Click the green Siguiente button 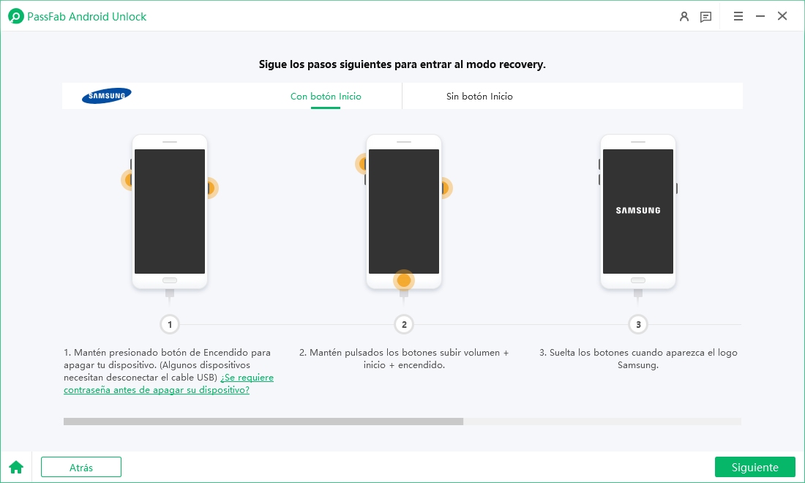755,467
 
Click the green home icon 16,467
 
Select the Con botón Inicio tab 326,96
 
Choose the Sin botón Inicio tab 479,96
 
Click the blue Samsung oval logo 107,95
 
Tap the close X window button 782,16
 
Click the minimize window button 760,16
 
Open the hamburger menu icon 738,16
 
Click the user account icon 684,16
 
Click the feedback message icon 706,17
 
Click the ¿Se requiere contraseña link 168,383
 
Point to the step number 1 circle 170,324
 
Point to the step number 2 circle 404,324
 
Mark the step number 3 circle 638,324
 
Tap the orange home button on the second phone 404,280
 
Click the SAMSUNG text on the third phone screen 638,211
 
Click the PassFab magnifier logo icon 16,16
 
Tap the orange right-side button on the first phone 211,188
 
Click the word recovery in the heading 524,64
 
